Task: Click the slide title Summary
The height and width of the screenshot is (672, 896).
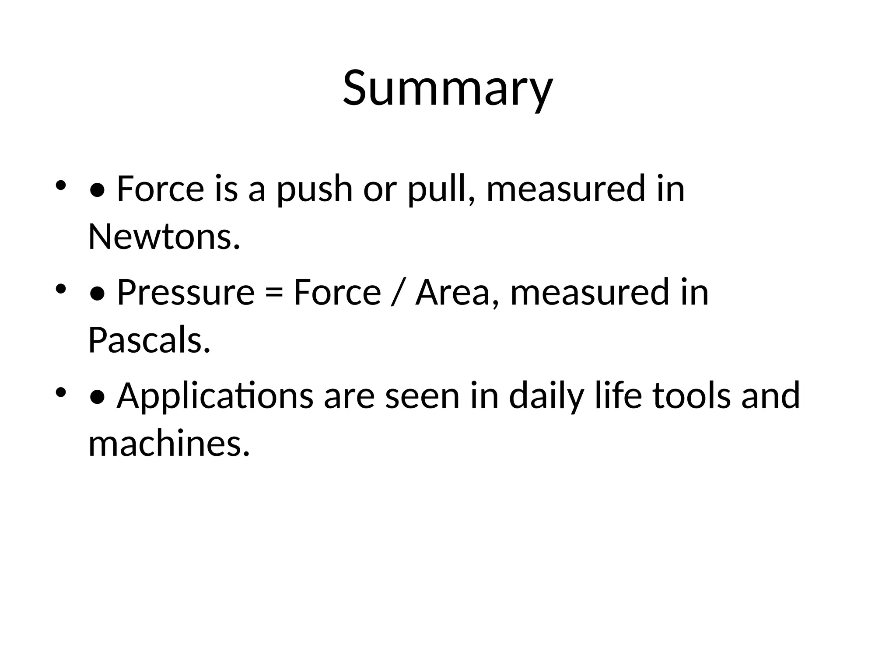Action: tap(448, 89)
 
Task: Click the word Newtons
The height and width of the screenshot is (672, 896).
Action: tap(164, 237)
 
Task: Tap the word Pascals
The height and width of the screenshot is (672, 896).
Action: tap(149, 340)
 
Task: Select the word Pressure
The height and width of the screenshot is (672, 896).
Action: tap(185, 292)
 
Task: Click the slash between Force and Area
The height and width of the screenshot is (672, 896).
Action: tap(398, 292)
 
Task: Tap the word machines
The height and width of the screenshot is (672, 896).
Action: tap(169, 444)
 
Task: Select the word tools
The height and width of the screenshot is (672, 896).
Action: tap(692, 395)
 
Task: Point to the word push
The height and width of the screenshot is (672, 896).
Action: tap(314, 189)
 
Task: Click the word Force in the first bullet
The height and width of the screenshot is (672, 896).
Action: tap(161, 189)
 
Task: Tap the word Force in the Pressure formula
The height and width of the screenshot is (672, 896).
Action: tap(337, 292)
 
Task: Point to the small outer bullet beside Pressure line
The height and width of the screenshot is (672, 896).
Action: tap(60, 289)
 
